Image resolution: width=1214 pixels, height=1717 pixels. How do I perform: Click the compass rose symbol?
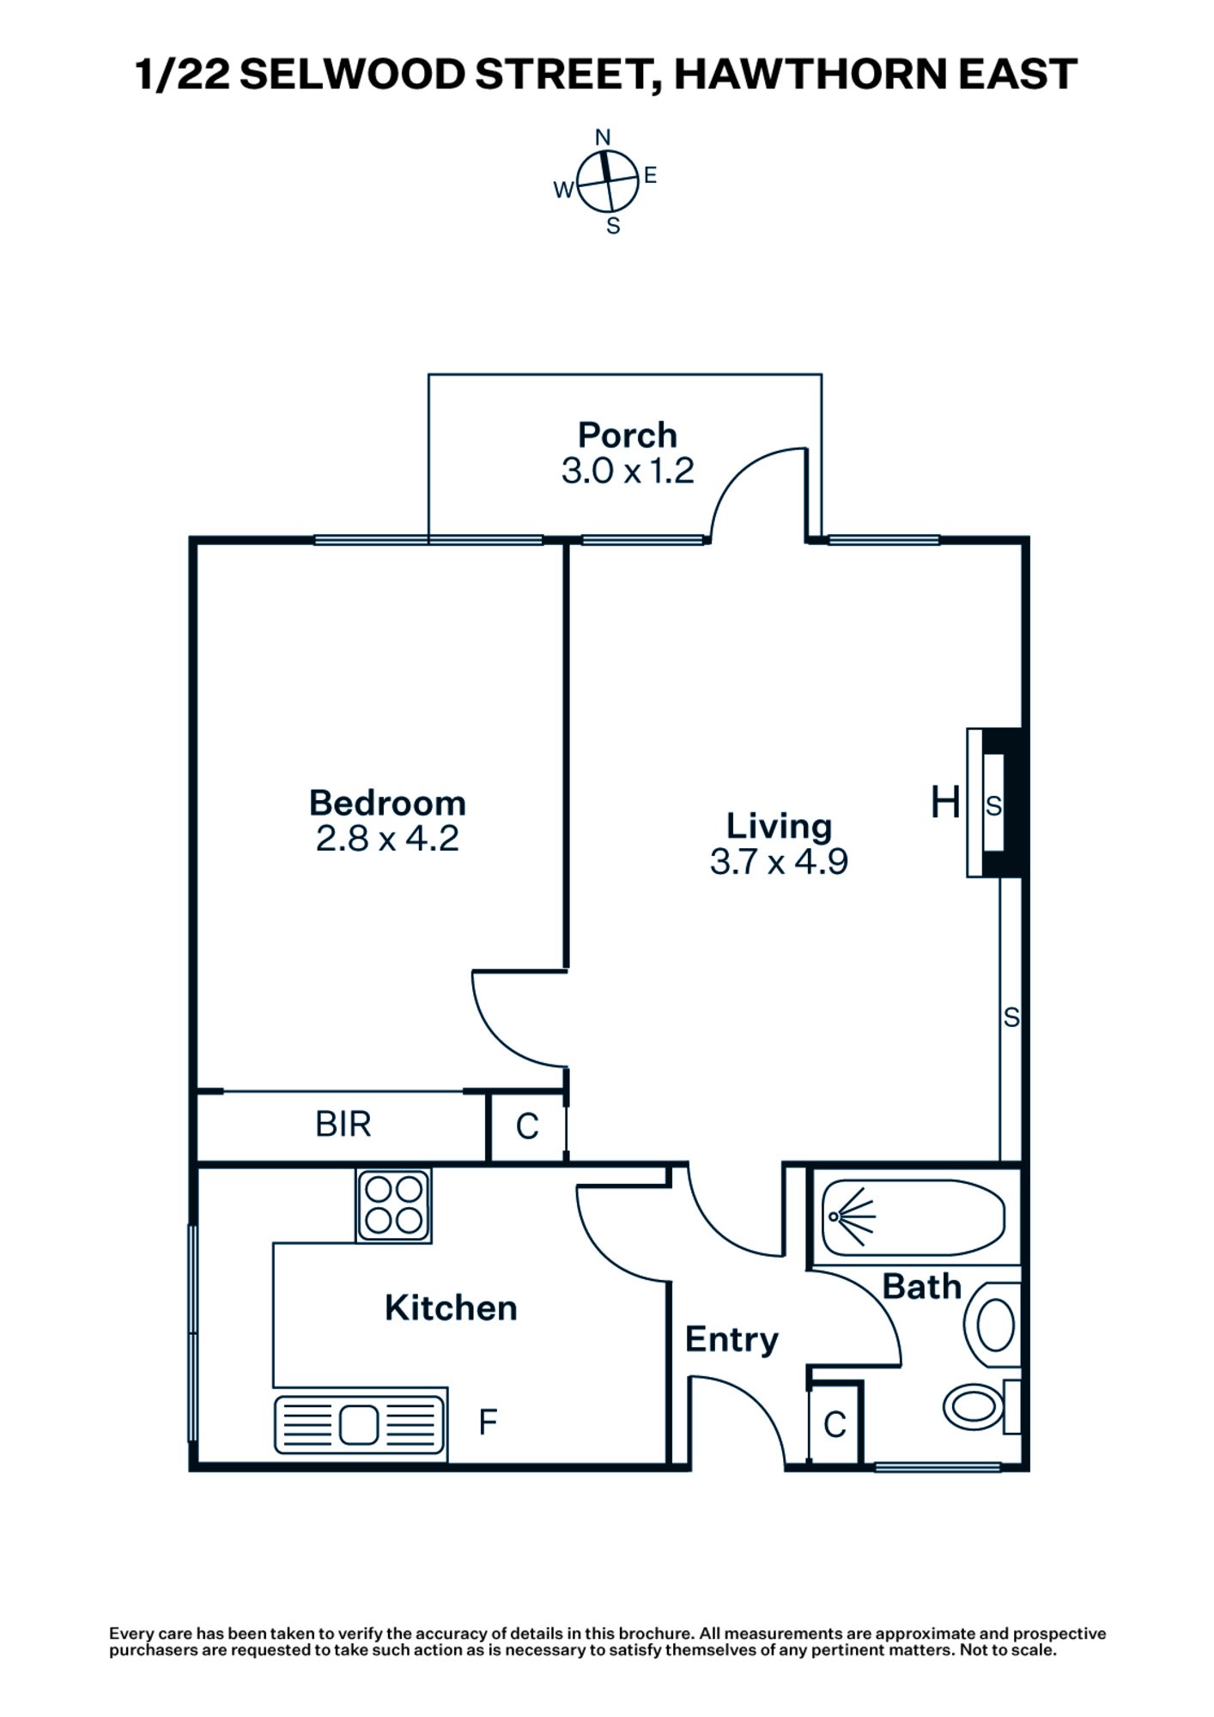[x=608, y=181]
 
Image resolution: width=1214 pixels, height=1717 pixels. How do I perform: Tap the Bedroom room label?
[x=387, y=803]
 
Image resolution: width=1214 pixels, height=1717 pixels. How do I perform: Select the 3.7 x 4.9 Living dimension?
[x=779, y=861]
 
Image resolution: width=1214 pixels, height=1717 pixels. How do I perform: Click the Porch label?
[x=627, y=435]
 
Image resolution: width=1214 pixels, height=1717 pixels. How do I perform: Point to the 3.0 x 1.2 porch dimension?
[x=627, y=470]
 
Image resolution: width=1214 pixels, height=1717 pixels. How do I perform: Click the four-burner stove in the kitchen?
[x=394, y=1205]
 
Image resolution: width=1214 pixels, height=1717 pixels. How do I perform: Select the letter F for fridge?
[x=488, y=1423]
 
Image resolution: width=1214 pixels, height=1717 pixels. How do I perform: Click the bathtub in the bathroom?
[x=913, y=1217]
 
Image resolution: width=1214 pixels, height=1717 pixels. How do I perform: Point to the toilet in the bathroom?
[x=979, y=1406]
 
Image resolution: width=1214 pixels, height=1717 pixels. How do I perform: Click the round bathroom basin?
[x=996, y=1326]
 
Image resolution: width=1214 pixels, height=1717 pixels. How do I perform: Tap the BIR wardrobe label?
[x=343, y=1124]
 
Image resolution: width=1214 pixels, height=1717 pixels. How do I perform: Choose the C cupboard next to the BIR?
[x=527, y=1126]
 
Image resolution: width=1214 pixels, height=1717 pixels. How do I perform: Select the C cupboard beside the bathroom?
[x=835, y=1425]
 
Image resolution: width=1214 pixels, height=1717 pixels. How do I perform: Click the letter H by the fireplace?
[x=945, y=804]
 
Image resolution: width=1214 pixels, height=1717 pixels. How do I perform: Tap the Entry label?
[x=731, y=1339]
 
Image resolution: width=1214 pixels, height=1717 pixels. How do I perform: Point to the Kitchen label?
[x=451, y=1307]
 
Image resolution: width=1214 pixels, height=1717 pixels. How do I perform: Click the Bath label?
[x=921, y=1287]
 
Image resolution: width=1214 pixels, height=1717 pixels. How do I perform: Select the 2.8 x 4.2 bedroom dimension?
[x=387, y=838]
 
